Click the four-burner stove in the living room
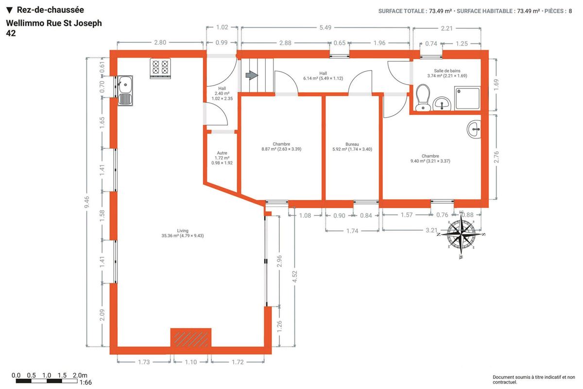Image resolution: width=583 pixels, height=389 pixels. (x=160, y=68)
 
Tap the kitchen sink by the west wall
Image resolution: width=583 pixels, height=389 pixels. (x=125, y=90)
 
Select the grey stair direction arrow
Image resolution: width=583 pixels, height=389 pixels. (x=252, y=75)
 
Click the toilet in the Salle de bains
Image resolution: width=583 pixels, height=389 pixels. (x=423, y=98)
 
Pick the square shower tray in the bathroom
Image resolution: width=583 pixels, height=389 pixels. (x=467, y=99)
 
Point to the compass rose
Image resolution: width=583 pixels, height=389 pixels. (x=462, y=234)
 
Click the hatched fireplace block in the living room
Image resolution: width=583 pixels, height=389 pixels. (x=191, y=337)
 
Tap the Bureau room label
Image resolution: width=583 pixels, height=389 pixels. (x=352, y=144)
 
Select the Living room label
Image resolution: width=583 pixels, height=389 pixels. (x=183, y=230)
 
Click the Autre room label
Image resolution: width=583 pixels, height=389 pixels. (x=222, y=153)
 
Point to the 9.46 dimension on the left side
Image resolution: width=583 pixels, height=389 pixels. (x=86, y=202)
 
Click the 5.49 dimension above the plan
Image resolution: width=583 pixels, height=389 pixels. (x=326, y=27)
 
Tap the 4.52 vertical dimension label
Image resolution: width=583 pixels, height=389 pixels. (x=294, y=276)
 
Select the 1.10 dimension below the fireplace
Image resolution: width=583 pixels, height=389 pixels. (x=191, y=362)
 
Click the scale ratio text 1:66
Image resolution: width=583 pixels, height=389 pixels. (x=86, y=383)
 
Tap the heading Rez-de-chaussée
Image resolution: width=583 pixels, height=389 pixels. (x=50, y=10)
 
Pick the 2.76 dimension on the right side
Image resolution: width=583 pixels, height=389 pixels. (x=497, y=157)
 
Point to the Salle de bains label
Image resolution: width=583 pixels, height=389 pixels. (x=447, y=71)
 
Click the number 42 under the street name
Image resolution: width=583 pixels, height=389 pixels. (x=11, y=33)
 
